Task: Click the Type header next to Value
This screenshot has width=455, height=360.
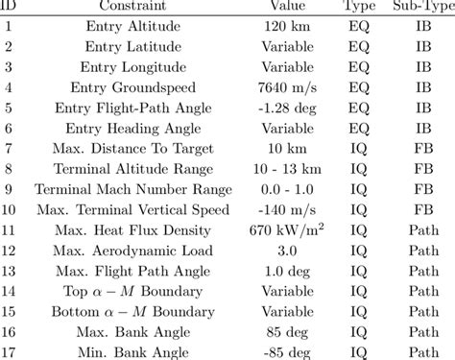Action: point(360,7)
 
